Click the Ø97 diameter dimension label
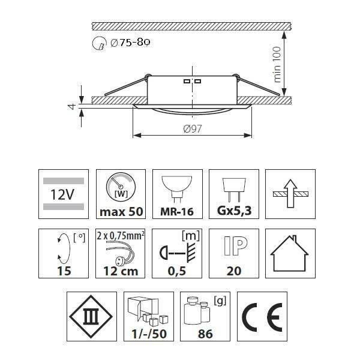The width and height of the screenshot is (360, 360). tap(193, 129)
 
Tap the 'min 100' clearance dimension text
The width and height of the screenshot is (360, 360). tap(277, 65)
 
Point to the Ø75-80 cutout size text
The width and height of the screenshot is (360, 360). tap(130, 43)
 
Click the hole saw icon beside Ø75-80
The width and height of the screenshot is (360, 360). tap(99, 43)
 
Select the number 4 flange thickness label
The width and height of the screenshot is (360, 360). tap(71, 107)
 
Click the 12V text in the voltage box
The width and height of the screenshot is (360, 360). tap(62, 194)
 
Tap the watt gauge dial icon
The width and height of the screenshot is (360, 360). tap(121, 187)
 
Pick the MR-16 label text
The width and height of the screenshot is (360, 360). tap(177, 211)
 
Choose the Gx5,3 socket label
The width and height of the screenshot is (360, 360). tap(234, 211)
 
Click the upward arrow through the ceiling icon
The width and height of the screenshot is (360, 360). tap(290, 193)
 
